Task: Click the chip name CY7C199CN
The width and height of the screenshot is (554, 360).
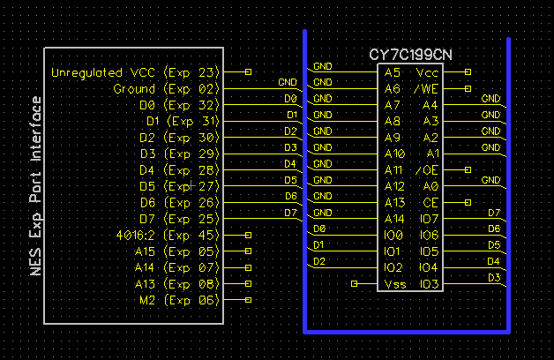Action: click(410, 55)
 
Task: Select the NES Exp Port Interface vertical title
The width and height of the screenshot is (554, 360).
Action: click(36, 185)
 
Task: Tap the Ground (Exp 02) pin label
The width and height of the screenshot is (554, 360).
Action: click(165, 89)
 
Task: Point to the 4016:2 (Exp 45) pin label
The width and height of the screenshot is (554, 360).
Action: click(167, 235)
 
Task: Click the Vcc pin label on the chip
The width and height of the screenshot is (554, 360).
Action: click(427, 72)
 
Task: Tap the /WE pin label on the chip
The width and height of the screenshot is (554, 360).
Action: click(426, 88)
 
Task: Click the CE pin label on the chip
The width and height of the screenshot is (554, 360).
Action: click(430, 202)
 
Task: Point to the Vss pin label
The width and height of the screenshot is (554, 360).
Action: click(394, 283)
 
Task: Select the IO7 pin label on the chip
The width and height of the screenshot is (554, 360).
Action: click(429, 218)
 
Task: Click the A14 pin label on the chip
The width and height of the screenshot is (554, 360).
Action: click(393, 218)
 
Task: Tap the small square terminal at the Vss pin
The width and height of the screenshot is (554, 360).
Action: click(354, 283)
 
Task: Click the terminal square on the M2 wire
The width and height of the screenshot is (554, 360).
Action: click(248, 300)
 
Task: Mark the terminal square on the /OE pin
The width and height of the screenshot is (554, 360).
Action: click(467, 169)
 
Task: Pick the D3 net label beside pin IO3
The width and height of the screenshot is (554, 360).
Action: click(494, 278)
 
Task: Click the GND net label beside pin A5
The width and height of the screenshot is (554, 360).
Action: click(322, 66)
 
